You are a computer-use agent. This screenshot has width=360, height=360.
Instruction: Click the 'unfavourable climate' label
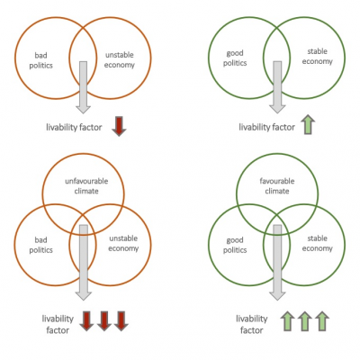86,186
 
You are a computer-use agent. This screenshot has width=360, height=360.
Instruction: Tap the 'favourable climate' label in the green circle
277,186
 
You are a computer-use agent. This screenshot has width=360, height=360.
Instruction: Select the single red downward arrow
119,126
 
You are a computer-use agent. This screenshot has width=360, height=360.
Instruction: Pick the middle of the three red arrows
104,321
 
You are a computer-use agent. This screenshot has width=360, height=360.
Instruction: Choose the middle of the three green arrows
304,321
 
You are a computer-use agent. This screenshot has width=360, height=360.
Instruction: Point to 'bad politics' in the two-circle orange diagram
40,60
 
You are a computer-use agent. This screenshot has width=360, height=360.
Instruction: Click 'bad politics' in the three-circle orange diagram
40,245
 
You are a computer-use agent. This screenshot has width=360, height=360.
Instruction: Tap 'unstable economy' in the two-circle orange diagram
120,59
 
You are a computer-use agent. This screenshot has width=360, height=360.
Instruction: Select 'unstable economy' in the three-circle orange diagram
123,243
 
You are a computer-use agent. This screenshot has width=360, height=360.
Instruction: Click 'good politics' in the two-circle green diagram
235,58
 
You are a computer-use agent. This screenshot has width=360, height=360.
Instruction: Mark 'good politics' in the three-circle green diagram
235,245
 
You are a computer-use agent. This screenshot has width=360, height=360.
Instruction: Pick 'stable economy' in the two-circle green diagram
318,57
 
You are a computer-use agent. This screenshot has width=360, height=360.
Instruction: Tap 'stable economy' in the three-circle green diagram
318,243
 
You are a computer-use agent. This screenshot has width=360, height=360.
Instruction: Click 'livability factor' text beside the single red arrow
74,127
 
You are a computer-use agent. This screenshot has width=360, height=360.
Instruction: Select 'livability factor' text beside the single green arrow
267,127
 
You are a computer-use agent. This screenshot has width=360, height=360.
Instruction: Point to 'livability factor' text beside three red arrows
58,324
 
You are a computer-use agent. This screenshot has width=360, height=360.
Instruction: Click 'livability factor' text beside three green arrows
251,324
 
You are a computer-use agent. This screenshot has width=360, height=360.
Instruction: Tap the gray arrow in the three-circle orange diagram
84,263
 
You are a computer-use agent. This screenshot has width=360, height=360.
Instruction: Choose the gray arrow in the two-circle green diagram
277,87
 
